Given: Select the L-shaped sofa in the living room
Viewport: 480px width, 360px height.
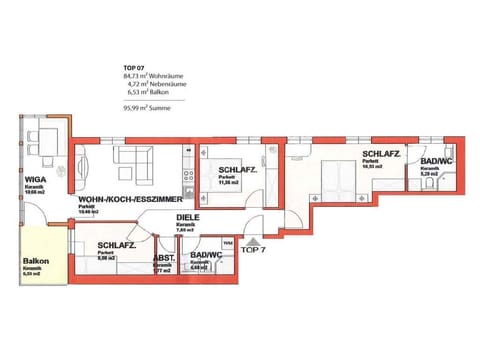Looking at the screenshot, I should click(136, 160).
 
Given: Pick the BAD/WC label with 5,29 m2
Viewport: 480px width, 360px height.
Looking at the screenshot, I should click(436, 161).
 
